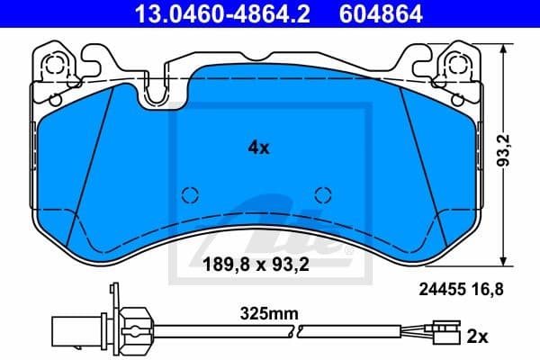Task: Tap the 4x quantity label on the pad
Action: click(258, 148)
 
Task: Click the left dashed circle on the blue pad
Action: click(188, 194)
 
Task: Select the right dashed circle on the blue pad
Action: click(322, 194)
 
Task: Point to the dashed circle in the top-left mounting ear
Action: click(56, 66)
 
